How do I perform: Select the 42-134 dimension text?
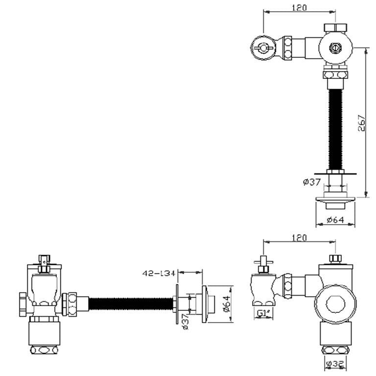[x=159, y=274]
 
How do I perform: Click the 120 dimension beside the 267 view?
[x=299, y=8]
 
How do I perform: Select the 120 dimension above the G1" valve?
[x=299, y=238]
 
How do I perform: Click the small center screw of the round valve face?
[x=335, y=48]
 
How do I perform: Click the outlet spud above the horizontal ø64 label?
[x=335, y=200]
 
